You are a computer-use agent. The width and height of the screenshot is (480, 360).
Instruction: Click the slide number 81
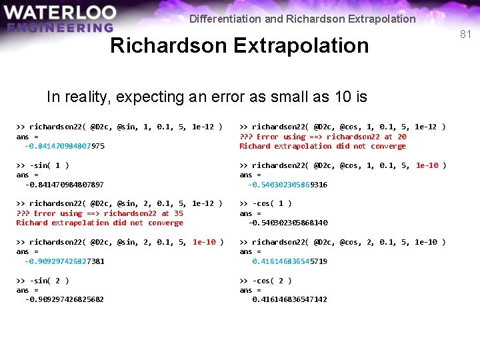(465, 33)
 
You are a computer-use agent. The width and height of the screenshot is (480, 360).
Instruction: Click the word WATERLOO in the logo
(60, 13)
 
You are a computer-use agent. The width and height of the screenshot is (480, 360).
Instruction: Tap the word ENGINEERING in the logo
(61, 28)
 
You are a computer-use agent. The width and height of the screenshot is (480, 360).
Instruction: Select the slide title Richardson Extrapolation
(239, 45)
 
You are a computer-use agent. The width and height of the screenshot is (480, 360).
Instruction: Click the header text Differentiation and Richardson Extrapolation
(302, 19)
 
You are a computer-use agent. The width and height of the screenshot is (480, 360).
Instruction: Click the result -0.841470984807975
(65, 146)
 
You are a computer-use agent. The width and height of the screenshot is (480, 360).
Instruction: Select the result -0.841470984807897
(65, 185)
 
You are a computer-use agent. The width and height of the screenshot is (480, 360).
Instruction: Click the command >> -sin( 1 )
(43, 165)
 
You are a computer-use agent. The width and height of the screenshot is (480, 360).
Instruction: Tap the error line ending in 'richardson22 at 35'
(100, 213)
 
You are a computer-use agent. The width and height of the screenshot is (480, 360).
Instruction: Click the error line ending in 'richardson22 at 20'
(323, 137)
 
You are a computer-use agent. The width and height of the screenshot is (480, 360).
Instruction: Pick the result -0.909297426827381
(65, 261)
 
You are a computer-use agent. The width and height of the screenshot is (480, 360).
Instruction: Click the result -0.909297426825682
(65, 300)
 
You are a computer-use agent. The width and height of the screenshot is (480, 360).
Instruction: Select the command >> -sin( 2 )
(43, 281)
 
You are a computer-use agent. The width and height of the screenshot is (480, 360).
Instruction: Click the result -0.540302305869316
(288, 185)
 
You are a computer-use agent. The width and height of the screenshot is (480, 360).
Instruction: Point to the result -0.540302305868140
(288, 223)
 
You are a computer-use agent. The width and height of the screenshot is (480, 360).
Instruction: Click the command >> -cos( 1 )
(265, 203)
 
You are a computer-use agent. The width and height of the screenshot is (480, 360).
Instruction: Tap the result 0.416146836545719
(289, 261)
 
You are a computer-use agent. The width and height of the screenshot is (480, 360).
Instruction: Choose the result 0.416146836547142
(289, 300)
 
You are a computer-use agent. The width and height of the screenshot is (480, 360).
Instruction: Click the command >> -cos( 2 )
(265, 281)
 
